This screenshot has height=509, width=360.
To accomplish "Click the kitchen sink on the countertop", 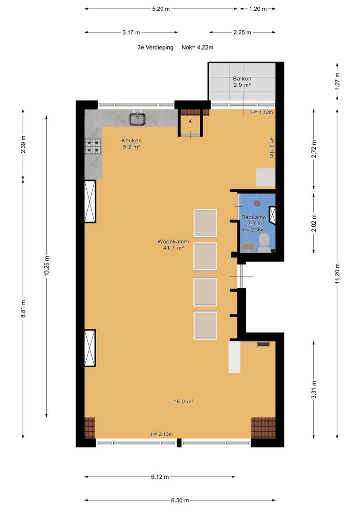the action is [x=138, y=118].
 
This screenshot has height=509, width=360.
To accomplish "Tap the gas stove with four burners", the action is [x=93, y=146].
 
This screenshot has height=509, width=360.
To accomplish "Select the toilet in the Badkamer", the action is [x=264, y=244].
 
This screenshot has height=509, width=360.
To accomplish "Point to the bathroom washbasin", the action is [x=248, y=247].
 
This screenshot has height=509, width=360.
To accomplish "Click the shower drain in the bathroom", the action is [x=257, y=203].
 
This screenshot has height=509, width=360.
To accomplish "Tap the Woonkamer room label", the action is [x=173, y=241].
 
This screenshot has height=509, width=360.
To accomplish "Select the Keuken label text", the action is [x=131, y=140].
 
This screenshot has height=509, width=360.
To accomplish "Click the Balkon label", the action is [x=242, y=79].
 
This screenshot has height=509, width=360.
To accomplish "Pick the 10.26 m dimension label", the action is [x=47, y=266].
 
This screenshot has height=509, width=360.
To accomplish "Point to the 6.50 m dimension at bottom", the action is [x=180, y=500].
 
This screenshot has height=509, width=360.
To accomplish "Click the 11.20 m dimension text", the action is [x=337, y=273].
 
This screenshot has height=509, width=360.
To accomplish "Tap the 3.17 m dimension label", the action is [x=131, y=33].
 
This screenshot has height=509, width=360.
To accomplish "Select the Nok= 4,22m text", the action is [x=197, y=48].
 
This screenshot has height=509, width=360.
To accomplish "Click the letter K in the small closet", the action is [x=190, y=122].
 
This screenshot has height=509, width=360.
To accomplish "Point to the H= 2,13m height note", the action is [x=162, y=435].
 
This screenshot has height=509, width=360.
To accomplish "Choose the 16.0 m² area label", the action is [x=183, y=402].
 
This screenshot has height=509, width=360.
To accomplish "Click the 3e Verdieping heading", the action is [x=155, y=48].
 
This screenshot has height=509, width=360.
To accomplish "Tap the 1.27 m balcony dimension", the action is [x=337, y=81].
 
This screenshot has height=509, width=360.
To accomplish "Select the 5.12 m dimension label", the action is [x=160, y=477].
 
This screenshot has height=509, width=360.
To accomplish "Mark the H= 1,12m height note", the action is [x=262, y=112].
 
